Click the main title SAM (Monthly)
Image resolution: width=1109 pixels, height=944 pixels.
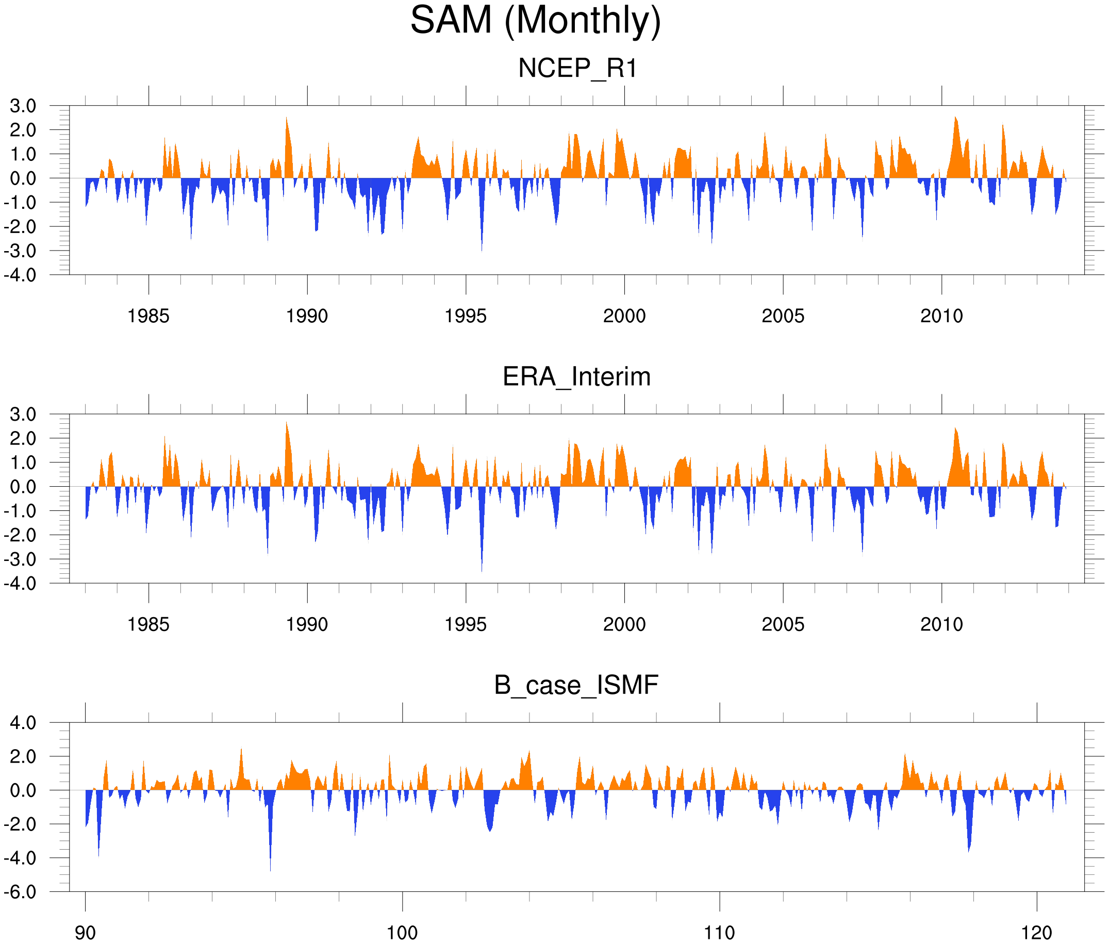coord(535,20)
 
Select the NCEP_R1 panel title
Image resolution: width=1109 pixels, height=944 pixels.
coord(577,69)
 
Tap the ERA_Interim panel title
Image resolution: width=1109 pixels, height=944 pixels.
coord(576,377)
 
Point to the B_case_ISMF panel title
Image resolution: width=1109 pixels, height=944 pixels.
coord(576,685)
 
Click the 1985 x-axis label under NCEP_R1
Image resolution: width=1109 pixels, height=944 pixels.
coord(148,316)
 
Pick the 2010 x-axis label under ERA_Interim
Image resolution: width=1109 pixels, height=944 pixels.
coord(941,624)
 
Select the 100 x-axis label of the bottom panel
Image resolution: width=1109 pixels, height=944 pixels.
coord(402,933)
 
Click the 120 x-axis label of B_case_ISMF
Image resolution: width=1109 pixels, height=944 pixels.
coord(1037,933)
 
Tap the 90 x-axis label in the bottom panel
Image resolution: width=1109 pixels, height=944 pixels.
coord(85,933)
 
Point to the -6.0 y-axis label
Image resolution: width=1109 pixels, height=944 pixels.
coord(20,891)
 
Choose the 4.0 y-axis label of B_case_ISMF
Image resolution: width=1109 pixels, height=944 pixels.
coord(24,723)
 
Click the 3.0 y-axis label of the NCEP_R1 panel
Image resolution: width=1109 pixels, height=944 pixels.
coord(24,106)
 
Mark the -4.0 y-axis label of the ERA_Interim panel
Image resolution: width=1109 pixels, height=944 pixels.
coord(20,583)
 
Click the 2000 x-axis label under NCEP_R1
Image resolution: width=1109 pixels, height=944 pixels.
coord(624,316)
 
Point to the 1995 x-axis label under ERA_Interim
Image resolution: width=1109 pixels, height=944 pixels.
coord(466,624)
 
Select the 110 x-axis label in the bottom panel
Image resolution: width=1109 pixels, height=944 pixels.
coord(719,933)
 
